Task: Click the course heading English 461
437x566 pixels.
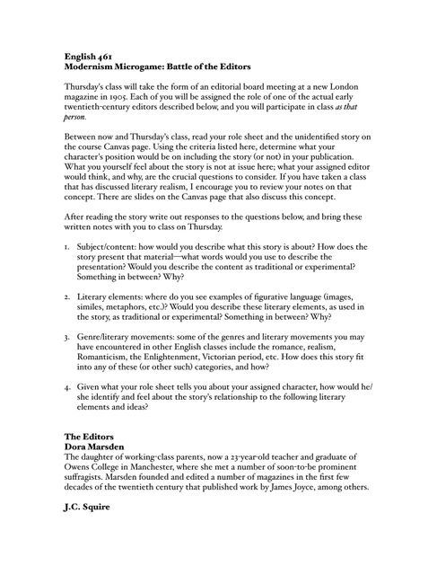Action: (x=87, y=55)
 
